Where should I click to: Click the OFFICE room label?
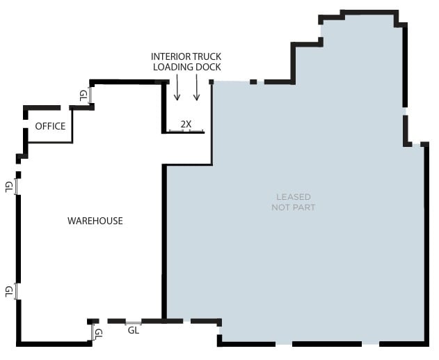click(50, 126)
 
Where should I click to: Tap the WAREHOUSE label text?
click(95, 221)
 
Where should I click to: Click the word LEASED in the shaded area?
click(293, 197)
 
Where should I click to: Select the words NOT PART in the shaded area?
click(293, 208)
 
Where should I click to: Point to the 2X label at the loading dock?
click(186, 124)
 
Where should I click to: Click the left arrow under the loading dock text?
click(177, 88)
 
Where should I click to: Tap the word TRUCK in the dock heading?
click(208, 56)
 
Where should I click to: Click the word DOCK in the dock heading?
click(209, 67)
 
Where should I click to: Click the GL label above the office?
click(83, 95)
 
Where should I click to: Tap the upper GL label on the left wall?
click(9, 186)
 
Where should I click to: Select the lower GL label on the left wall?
click(9, 290)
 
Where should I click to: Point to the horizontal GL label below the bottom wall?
click(134, 331)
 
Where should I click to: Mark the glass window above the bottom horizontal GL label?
click(134, 322)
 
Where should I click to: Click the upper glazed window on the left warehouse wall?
click(17, 186)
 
